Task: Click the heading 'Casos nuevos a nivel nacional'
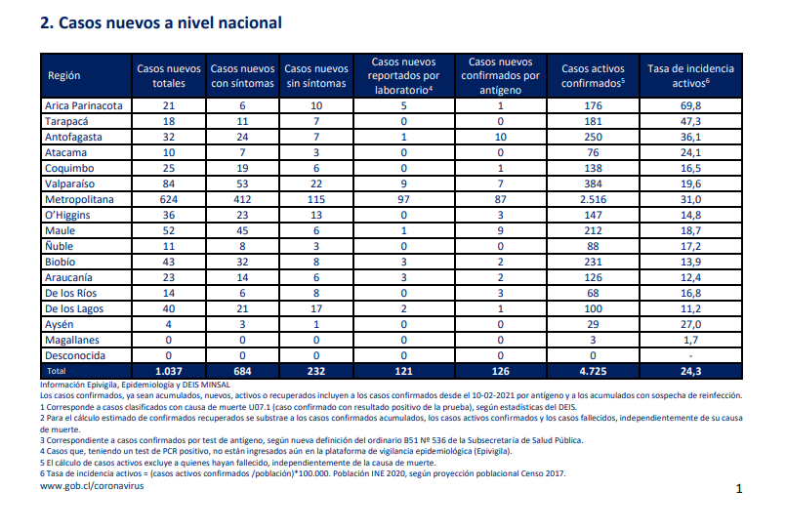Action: click(170, 23)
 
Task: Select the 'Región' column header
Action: click(64, 75)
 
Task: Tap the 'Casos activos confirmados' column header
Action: click(593, 75)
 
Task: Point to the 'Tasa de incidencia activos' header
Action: click(690, 75)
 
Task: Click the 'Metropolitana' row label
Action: click(79, 199)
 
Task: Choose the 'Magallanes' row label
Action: click(72, 340)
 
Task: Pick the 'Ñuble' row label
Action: click(60, 246)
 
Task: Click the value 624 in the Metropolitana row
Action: click(168, 199)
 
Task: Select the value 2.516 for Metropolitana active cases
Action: click(593, 199)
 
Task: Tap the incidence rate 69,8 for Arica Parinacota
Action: click(690, 105)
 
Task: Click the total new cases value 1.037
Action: click(168, 371)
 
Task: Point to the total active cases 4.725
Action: click(593, 371)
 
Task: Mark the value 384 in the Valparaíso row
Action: click(593, 183)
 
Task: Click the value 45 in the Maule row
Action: click(242, 230)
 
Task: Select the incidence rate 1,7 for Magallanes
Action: click(690, 340)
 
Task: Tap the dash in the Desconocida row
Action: click(690, 356)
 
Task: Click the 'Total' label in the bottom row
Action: click(57, 371)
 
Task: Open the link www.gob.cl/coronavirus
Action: click(92, 486)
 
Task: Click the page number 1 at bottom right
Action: click(739, 488)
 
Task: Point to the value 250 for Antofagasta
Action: click(593, 137)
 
